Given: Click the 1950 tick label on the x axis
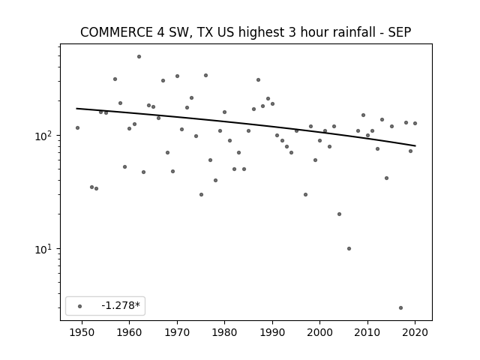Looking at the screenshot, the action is [x=82, y=332].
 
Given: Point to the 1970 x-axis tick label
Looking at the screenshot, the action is [x=177, y=332].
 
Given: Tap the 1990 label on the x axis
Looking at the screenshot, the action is [x=272, y=332].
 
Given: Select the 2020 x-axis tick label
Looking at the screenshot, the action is [x=415, y=332].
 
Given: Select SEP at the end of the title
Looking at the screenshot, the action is [x=400, y=32].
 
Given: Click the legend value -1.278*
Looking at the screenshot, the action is [x=121, y=305].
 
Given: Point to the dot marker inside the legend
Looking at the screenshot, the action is [x=80, y=306].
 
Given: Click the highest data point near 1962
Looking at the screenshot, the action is [x=139, y=57].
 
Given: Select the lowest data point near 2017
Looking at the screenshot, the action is [x=400, y=307].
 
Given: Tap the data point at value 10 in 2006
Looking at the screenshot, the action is [x=349, y=248].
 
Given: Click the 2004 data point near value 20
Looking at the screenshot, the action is [x=339, y=214].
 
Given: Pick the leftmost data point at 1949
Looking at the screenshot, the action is [x=77, y=127].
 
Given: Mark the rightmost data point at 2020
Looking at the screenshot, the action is [x=415, y=123].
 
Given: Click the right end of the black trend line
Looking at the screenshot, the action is [x=415, y=145].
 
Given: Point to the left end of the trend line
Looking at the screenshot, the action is [x=76, y=108].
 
